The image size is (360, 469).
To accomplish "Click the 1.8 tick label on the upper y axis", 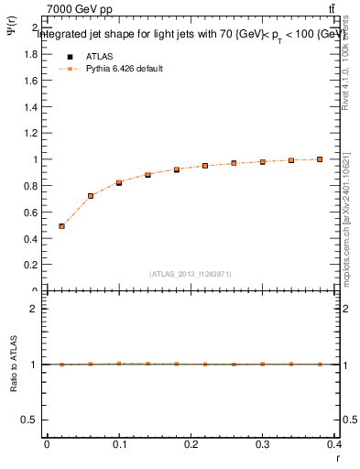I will coord(28,54).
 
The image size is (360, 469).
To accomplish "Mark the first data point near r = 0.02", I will coord(61,225).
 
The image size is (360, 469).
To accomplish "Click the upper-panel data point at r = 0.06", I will coord(91,195).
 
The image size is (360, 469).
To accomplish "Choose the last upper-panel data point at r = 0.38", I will coord(321,159).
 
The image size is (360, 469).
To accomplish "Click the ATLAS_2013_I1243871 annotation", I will coord(191,274).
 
